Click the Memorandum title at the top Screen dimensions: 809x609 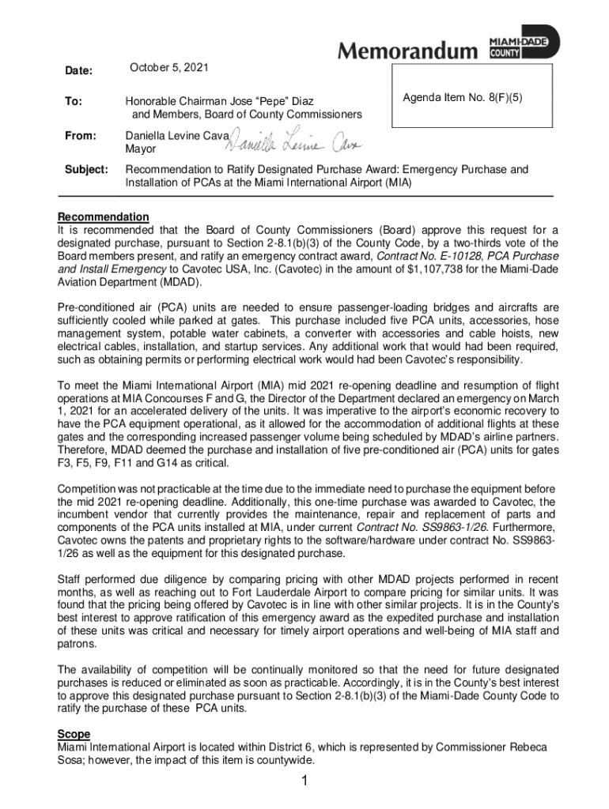point(408,51)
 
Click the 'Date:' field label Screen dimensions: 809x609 point(78,71)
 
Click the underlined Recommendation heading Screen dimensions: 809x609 point(103,216)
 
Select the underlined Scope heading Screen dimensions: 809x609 point(74,734)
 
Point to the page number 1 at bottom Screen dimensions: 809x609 point(304,781)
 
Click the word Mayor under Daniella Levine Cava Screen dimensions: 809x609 point(141,149)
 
